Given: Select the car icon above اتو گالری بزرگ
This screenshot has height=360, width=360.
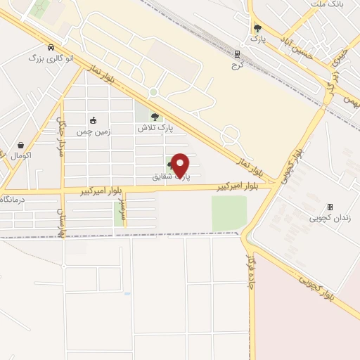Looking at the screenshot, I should pos(51,47).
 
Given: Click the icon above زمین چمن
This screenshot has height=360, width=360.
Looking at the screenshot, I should pos(93,120).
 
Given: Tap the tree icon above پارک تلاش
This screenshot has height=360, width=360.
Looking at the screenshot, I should pos(155,117).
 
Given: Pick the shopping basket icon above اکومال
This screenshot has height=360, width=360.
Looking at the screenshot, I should pos(20,145).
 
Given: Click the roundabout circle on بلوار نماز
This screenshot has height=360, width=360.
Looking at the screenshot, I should pos(153,91).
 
